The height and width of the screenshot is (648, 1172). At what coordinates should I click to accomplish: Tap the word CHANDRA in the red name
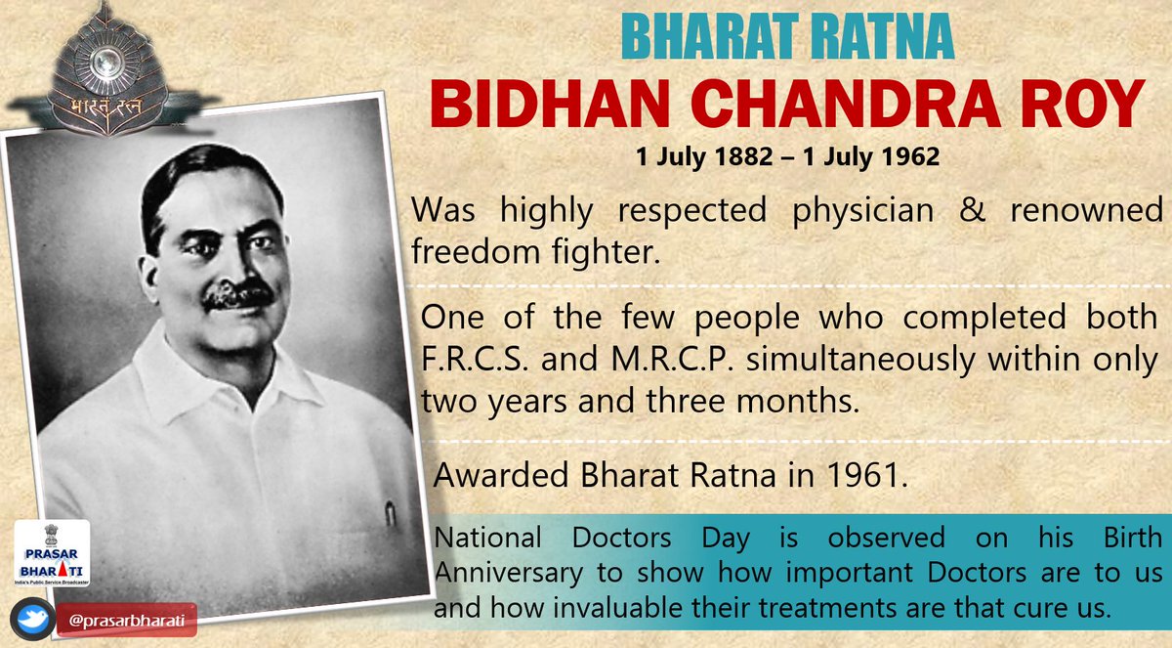(849, 104)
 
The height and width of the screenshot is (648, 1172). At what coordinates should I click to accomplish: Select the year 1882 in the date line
(744, 156)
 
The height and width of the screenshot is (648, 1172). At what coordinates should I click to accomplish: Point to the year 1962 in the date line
(911, 156)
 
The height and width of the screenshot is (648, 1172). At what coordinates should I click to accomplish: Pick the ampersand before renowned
(972, 210)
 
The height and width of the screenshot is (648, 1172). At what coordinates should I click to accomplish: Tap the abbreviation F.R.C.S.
(474, 360)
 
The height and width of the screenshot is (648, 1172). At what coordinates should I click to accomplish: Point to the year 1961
(867, 475)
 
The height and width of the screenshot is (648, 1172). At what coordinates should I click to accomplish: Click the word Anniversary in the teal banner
(508, 573)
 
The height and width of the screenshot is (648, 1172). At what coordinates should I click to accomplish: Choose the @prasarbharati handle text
(127, 621)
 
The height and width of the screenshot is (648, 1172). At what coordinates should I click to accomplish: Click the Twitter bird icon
(33, 620)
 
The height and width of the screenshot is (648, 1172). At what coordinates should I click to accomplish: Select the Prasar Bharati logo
(52, 553)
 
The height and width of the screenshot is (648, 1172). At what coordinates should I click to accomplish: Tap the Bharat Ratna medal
(108, 70)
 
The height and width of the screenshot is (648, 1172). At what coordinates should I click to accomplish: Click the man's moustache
(238, 295)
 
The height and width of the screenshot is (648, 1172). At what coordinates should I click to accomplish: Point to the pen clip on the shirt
(390, 513)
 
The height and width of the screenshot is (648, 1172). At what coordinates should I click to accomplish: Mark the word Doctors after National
(621, 539)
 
